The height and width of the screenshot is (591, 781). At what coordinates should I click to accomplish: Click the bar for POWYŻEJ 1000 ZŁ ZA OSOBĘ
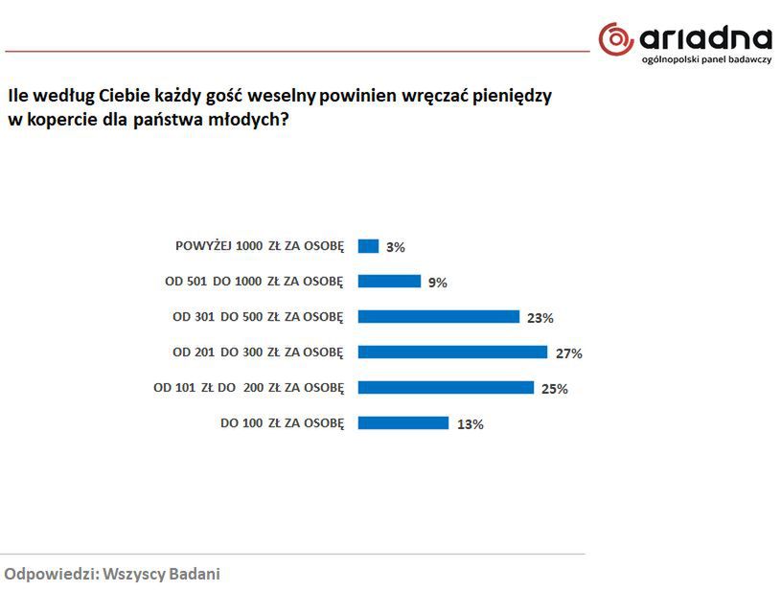pyautogui.click(x=368, y=246)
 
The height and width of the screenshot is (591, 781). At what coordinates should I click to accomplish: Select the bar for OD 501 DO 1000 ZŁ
pyautogui.click(x=389, y=282)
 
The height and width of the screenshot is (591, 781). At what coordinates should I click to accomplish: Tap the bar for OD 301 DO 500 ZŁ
pyautogui.click(x=438, y=317)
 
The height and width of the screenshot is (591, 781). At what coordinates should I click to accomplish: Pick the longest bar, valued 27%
pyautogui.click(x=452, y=352)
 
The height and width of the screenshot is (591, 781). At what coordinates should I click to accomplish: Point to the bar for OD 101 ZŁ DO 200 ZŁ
pyautogui.click(x=446, y=387)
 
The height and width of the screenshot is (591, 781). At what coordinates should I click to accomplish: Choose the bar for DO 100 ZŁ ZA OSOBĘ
pyautogui.click(x=402, y=422)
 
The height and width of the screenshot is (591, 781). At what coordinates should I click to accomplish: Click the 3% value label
pyautogui.click(x=395, y=247)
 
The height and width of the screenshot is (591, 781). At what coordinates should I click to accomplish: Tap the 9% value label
pyautogui.click(x=437, y=283)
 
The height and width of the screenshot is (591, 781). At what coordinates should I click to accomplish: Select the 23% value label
pyautogui.click(x=540, y=318)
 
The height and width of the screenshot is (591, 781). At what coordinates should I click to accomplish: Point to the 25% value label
pyautogui.click(x=554, y=389)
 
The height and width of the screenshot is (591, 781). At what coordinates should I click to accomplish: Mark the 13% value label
pyautogui.click(x=470, y=424)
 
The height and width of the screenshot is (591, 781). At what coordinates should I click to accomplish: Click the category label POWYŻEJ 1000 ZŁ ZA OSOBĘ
pyautogui.click(x=259, y=246)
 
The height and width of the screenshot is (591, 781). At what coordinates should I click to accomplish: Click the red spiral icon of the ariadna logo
pyautogui.click(x=615, y=39)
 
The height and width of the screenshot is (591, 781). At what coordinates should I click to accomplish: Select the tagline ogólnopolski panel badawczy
pyautogui.click(x=706, y=60)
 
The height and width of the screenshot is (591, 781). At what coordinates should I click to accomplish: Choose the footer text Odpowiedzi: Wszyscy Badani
pyautogui.click(x=112, y=574)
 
